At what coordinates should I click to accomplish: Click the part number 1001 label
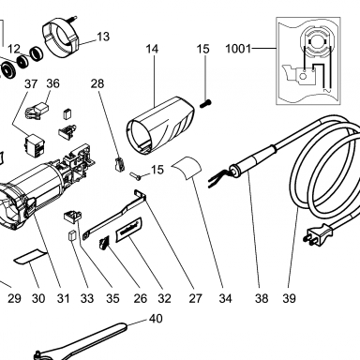238,49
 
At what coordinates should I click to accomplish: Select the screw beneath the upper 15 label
205,103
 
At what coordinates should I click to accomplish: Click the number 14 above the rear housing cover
152,49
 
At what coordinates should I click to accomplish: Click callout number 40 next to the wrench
156,319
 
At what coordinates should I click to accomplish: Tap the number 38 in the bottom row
262,298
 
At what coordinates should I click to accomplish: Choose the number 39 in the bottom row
289,298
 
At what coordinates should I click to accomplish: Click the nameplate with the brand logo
129,230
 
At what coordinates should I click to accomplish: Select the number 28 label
97,83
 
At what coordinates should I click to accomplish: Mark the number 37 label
31,83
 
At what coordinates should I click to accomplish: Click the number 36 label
52,83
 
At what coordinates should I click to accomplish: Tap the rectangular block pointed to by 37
34,145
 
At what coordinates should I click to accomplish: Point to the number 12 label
13,49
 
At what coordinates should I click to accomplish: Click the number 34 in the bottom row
225,298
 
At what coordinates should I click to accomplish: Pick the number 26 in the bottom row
140,298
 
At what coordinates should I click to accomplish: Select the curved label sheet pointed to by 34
187,168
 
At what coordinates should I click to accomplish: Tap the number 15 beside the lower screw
157,170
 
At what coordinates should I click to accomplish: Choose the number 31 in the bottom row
63,298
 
